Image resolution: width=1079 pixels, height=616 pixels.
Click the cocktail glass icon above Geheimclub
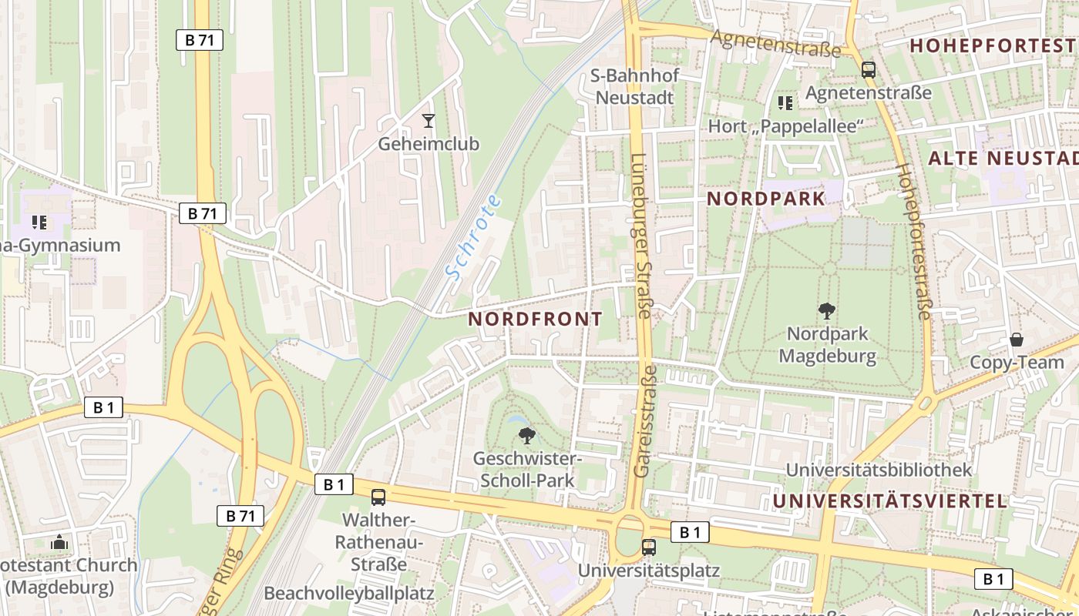click(429, 121)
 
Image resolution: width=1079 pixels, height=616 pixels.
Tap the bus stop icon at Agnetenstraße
click(869, 70)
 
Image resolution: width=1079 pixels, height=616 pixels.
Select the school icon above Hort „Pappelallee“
click(785, 102)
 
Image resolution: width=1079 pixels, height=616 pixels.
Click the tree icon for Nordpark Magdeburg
click(827, 311)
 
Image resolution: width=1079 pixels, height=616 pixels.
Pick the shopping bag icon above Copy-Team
click(1017, 340)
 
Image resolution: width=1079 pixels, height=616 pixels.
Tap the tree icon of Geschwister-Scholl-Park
click(527, 436)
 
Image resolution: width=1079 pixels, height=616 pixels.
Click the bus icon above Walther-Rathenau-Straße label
click(378, 497)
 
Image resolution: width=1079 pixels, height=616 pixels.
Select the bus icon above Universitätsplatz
click(649, 547)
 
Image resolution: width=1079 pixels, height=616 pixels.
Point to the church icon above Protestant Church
click(59, 543)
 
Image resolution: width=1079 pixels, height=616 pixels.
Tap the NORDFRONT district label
click(535, 320)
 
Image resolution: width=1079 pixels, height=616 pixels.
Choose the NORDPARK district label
click(765, 199)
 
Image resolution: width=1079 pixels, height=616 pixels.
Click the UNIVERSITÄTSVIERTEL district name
click(889, 501)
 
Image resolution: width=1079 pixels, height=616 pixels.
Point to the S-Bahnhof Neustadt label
click(634, 86)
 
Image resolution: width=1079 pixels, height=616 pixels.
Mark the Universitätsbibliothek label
click(879, 469)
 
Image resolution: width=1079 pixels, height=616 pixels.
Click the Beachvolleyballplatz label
click(349, 594)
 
